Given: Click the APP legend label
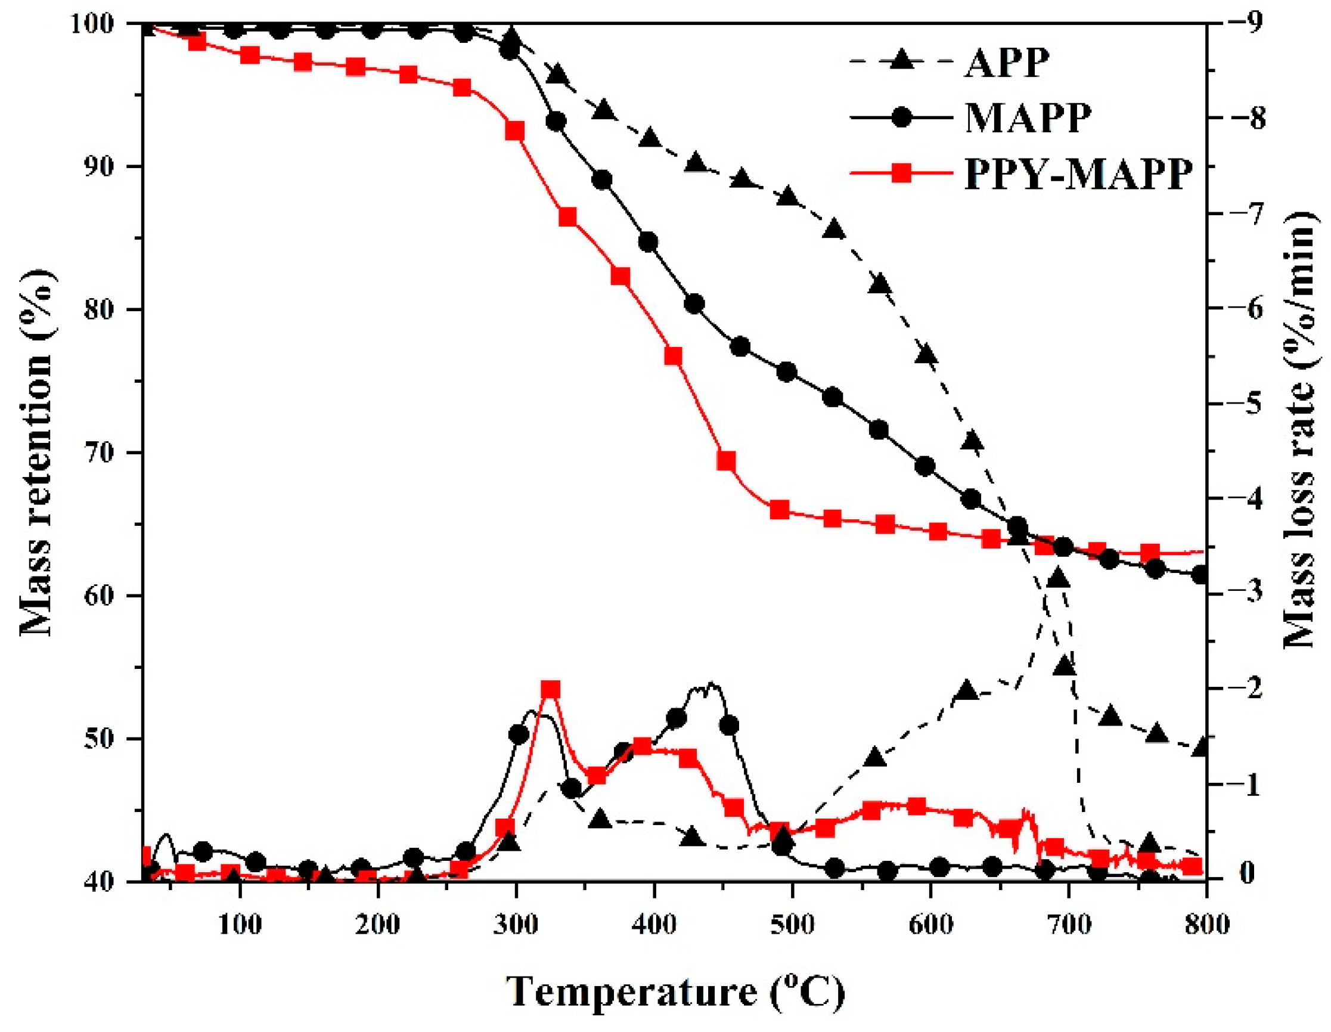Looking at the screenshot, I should (1007, 61).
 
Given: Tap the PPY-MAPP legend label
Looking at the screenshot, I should (1078, 175).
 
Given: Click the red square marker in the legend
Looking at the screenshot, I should (901, 174).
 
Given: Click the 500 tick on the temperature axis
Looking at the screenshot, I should (792, 925).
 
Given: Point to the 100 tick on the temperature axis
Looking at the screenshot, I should (241, 925).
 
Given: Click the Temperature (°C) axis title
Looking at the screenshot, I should (675, 992).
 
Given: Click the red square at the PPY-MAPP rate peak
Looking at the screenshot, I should (551, 689).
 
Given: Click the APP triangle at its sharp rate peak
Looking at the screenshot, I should (1058, 578).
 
